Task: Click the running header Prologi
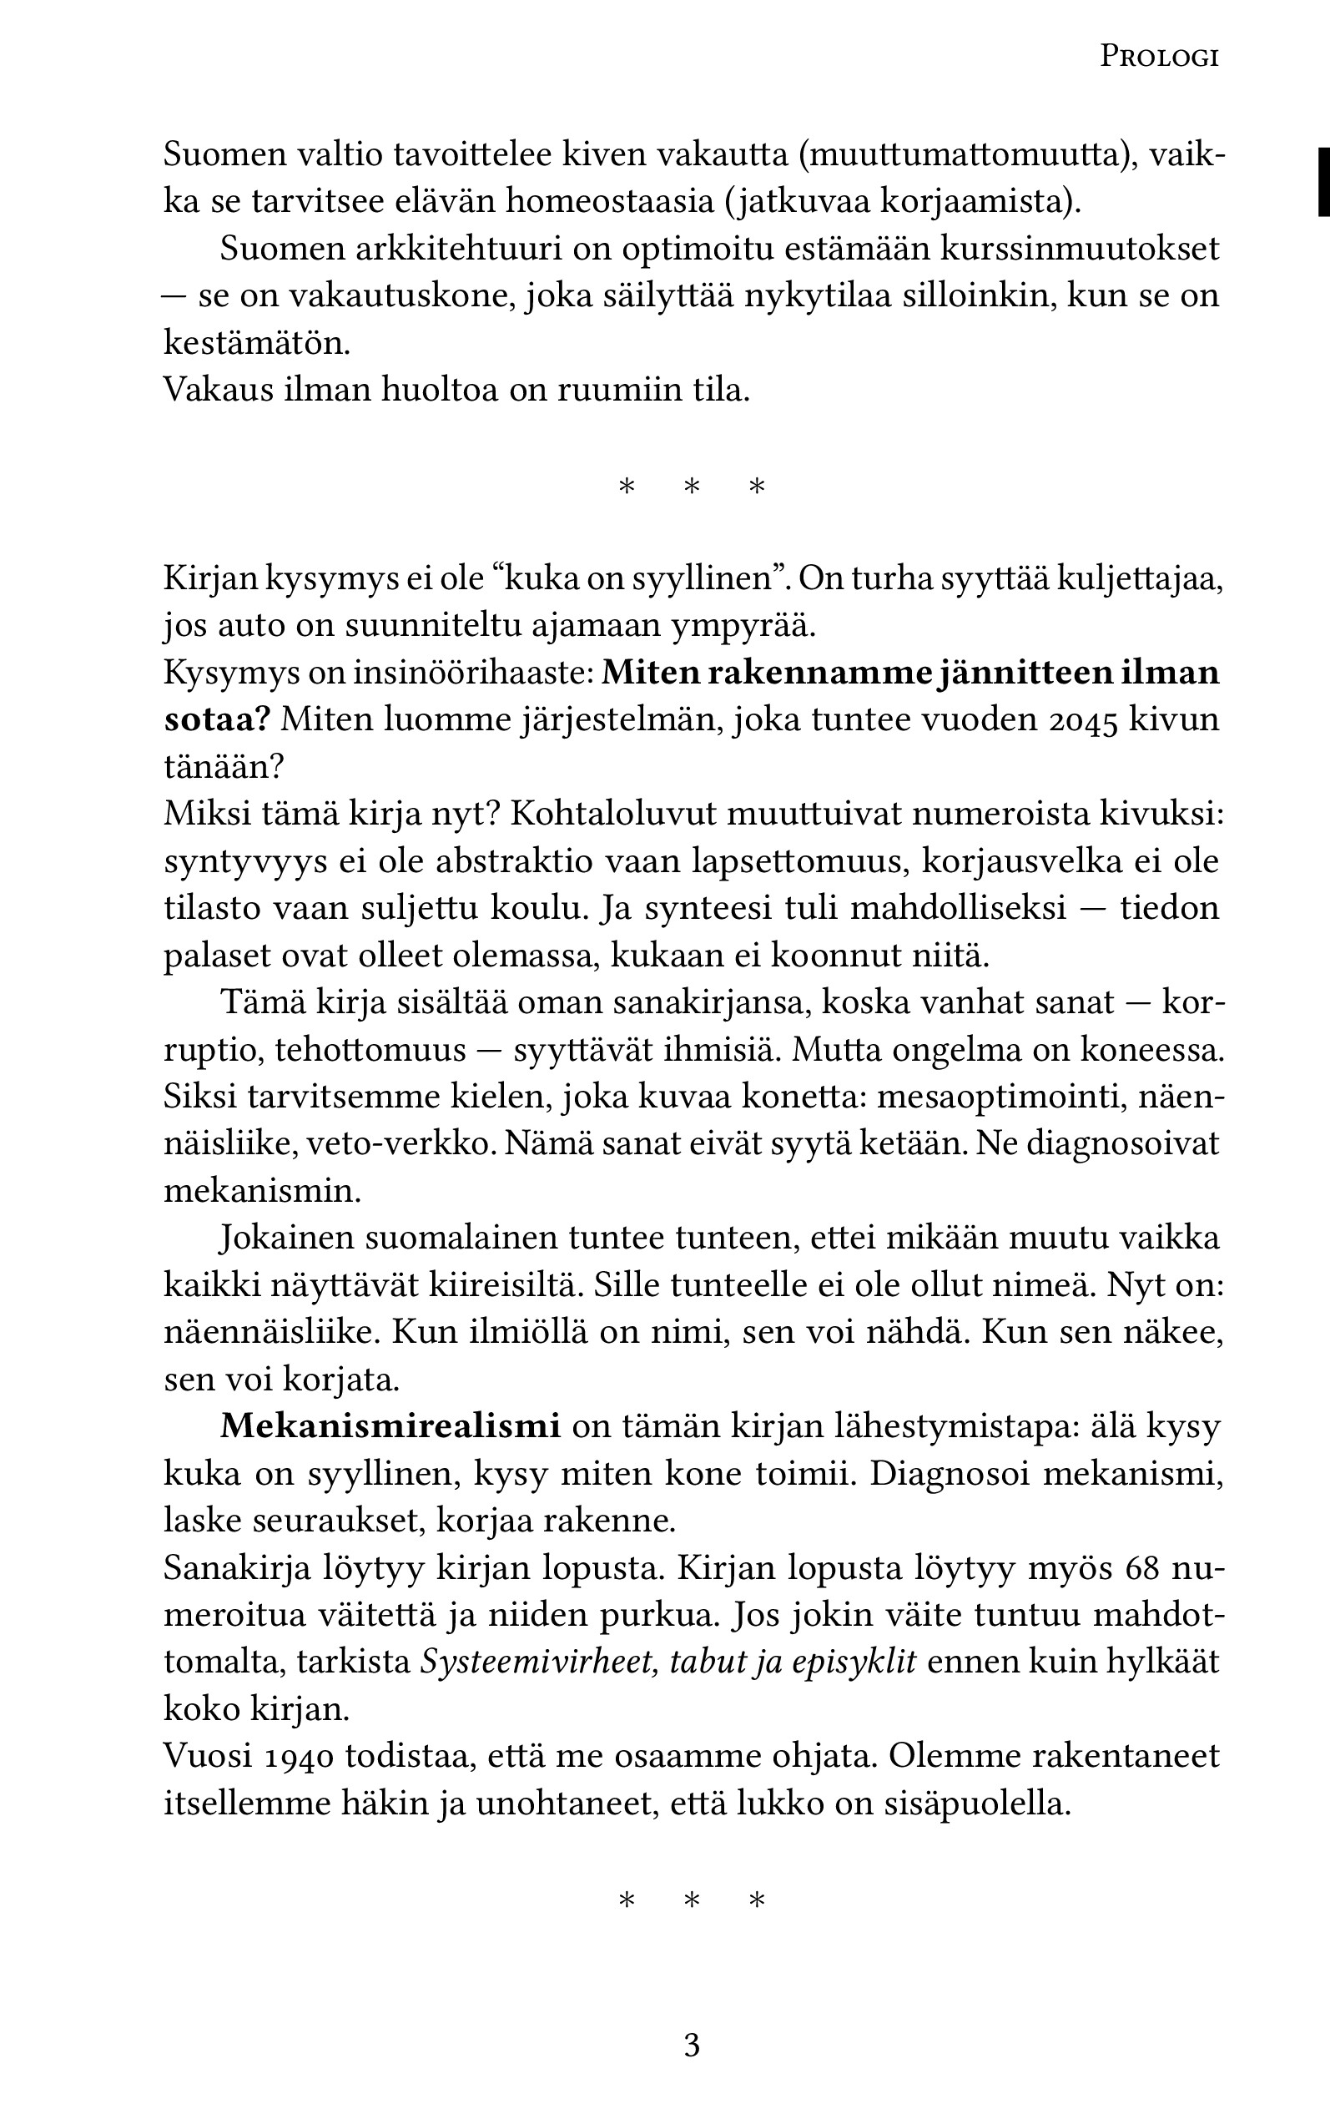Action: pyautogui.click(x=1159, y=58)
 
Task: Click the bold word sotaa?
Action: pyautogui.click(x=216, y=720)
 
